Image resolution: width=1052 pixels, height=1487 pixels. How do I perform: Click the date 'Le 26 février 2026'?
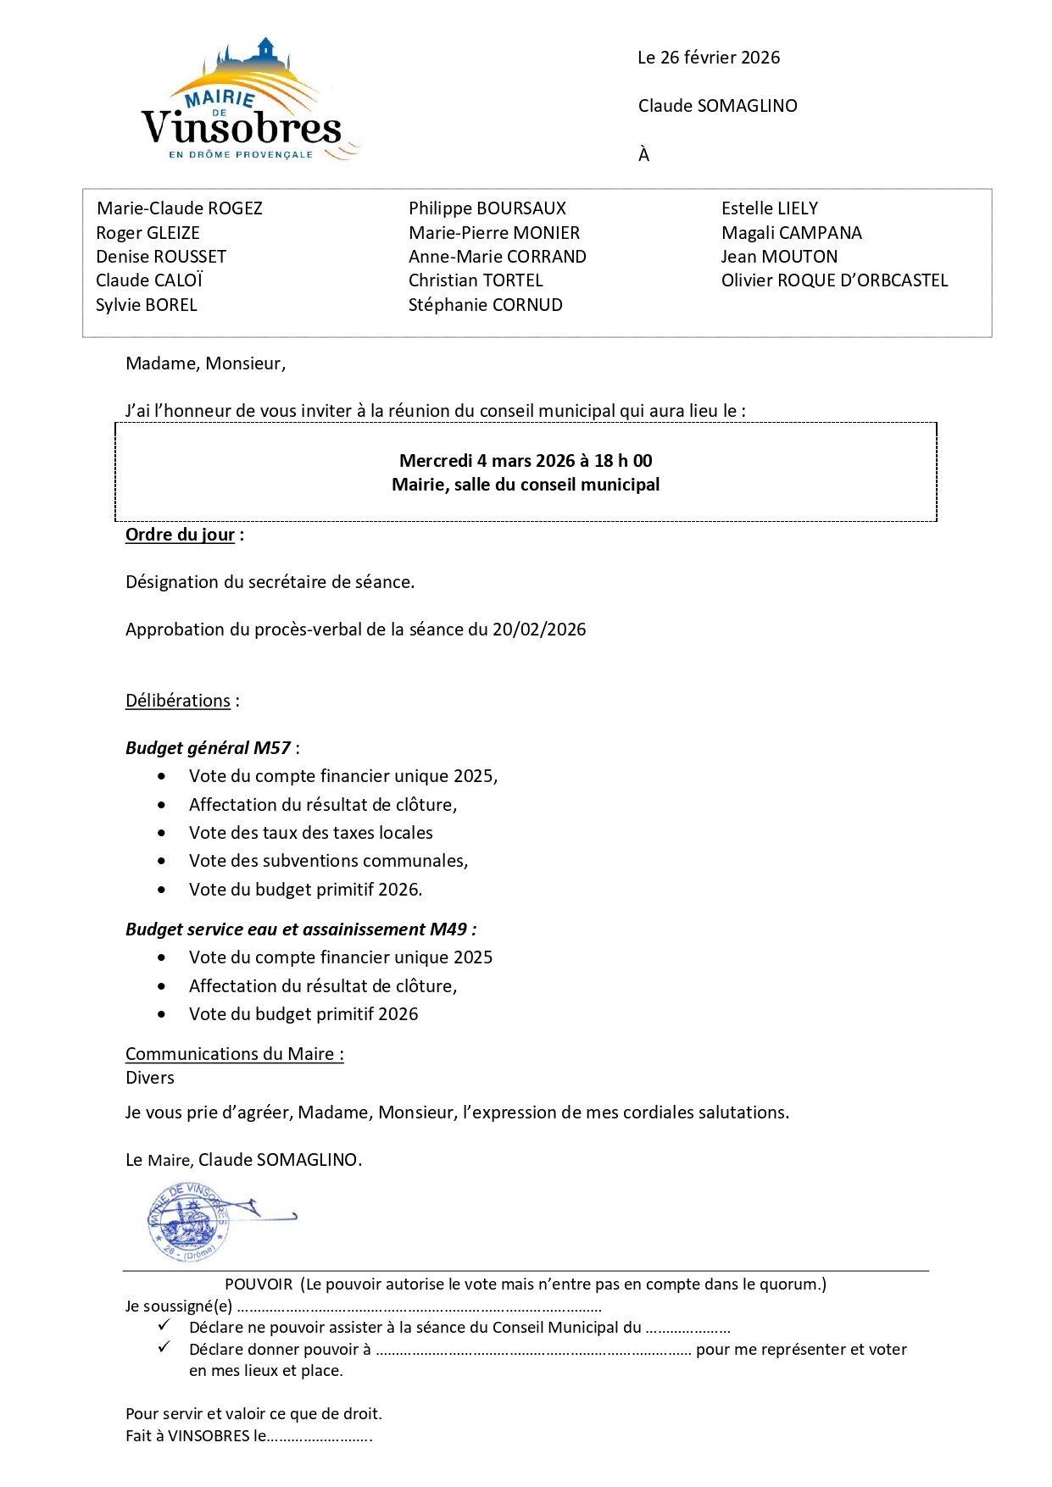tap(709, 58)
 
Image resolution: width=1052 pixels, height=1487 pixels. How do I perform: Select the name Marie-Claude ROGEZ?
tap(180, 208)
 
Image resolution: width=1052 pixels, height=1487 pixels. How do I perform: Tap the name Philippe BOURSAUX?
tap(487, 208)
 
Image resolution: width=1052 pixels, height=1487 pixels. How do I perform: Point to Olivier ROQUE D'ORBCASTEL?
tap(834, 280)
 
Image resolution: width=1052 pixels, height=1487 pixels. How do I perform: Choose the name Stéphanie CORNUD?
tap(485, 305)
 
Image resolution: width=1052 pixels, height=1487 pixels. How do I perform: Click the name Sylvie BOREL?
tap(146, 305)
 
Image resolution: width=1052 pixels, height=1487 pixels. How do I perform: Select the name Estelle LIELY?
tap(769, 208)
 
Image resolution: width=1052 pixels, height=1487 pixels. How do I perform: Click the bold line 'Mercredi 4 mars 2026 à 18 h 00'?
tap(526, 461)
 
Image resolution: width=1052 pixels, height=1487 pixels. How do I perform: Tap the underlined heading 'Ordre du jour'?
tap(180, 535)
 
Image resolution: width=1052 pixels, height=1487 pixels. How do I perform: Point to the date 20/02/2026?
tap(539, 630)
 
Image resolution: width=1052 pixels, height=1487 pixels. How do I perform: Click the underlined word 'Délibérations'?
tap(178, 701)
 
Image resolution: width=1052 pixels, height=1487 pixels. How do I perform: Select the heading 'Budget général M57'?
tap(209, 748)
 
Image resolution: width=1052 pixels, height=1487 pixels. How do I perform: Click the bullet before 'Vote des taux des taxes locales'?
tap(162, 834)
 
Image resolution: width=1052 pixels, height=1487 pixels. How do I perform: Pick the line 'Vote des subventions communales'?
tap(328, 861)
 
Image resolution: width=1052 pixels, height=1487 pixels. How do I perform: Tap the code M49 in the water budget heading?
tap(448, 929)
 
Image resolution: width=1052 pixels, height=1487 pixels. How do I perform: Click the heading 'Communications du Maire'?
tap(234, 1054)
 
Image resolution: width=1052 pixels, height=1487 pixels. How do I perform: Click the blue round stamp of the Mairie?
tap(187, 1222)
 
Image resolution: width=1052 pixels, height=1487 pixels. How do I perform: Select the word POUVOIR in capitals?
tap(259, 1284)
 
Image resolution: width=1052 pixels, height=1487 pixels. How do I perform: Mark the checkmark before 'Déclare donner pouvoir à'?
tap(164, 1347)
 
